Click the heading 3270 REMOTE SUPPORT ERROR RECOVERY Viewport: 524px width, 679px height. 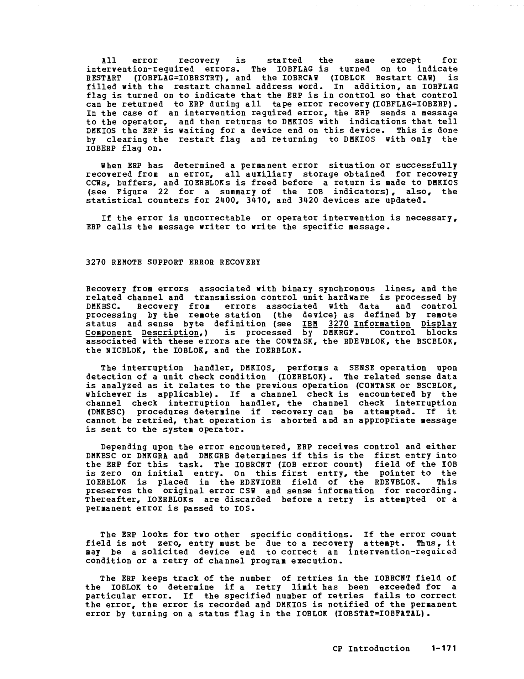coord(173,262)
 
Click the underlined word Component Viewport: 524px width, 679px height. coord(109,332)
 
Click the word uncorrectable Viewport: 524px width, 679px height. coord(217,218)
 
